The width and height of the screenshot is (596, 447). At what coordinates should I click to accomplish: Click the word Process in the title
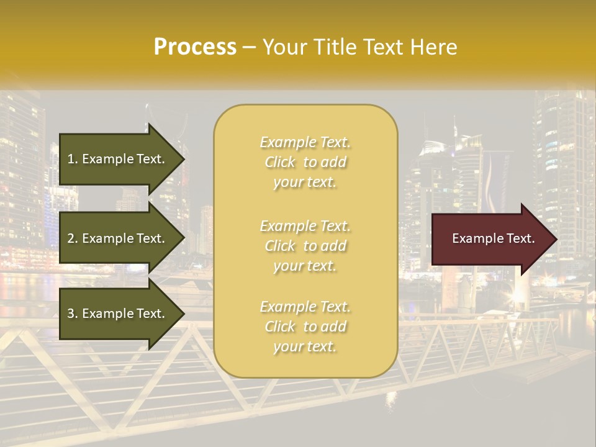click(195, 47)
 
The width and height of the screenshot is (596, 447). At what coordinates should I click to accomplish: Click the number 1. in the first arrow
click(73, 159)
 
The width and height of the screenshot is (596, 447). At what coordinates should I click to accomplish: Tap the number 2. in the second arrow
click(73, 238)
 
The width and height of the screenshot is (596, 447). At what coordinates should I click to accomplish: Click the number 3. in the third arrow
click(73, 314)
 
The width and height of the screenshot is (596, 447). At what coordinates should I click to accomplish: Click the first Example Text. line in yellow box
click(305, 143)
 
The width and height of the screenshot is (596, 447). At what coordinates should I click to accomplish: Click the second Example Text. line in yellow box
click(305, 226)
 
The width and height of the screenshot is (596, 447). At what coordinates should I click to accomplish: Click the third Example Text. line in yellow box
click(305, 307)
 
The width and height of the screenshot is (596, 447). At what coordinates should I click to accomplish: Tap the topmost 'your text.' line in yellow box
click(305, 183)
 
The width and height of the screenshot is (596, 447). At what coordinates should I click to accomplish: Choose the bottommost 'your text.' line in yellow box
click(305, 347)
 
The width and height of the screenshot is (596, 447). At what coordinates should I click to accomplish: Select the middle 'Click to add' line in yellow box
click(305, 246)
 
